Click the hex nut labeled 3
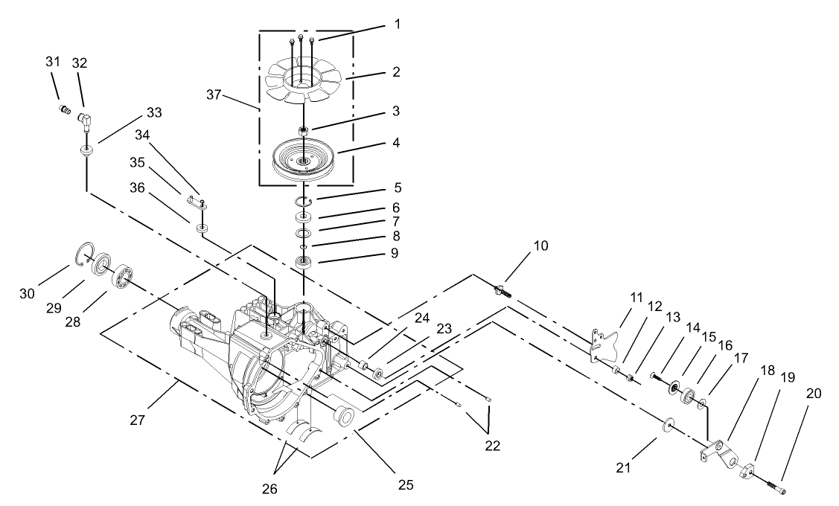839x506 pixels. coord(304,131)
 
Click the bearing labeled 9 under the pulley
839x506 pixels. coord(304,262)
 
